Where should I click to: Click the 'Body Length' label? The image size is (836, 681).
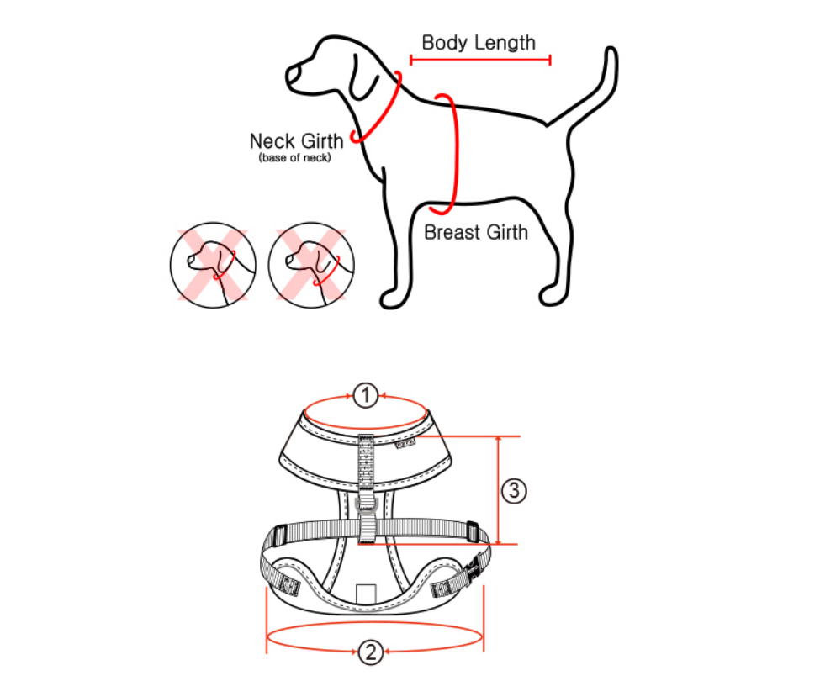click(x=479, y=43)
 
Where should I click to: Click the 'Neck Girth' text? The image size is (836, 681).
click(x=296, y=141)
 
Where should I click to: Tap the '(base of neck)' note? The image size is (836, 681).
click(x=295, y=158)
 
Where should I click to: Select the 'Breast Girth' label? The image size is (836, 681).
click(x=475, y=232)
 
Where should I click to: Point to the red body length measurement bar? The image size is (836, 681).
click(x=480, y=60)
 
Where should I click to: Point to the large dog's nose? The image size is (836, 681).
click(x=293, y=75)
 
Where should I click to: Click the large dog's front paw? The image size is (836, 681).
click(x=394, y=299)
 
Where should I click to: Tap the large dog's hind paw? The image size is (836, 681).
click(x=553, y=296)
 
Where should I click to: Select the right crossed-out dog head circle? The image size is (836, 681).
click(x=311, y=265)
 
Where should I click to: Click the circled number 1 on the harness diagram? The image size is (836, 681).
click(x=366, y=396)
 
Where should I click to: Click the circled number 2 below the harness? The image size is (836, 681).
click(x=371, y=652)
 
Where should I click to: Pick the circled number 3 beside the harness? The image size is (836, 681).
click(x=514, y=490)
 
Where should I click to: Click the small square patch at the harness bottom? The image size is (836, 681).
click(x=367, y=594)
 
